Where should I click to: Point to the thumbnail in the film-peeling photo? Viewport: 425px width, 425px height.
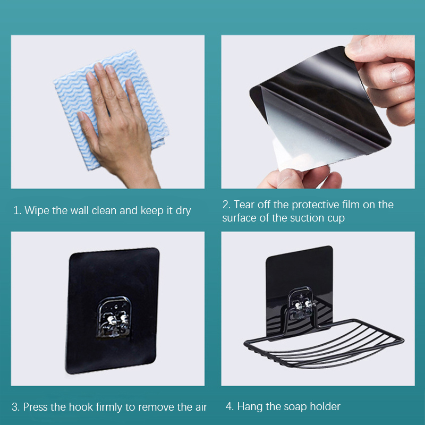(x=399, y=74)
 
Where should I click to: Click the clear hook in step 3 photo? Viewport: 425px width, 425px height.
(x=113, y=317)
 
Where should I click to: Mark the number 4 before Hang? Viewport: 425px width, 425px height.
(x=229, y=407)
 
